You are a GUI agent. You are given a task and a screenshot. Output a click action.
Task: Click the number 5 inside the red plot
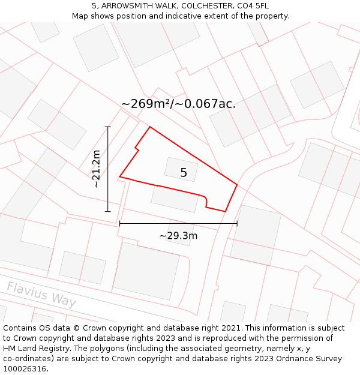click(x=184, y=173)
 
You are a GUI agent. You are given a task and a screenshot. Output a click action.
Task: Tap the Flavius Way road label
click(x=41, y=294)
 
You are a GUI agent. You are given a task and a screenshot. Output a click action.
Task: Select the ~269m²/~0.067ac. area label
click(x=178, y=104)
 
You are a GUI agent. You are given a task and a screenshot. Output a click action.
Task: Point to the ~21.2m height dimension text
click(x=97, y=169)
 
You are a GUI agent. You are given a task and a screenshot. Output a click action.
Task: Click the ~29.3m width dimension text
click(x=178, y=236)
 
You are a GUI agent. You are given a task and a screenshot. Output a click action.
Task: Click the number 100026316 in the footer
click(x=25, y=369)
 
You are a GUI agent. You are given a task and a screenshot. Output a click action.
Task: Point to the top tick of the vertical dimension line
click(x=108, y=127)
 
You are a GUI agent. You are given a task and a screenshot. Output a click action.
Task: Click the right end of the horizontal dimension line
click(x=238, y=223)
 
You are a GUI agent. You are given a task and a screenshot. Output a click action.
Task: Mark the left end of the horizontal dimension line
click(x=120, y=223)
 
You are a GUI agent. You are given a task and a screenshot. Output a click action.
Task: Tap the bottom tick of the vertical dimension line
click(x=108, y=212)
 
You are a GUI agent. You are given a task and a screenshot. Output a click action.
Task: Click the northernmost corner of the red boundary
click(x=149, y=127)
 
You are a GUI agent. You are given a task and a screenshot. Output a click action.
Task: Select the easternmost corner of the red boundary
click(x=238, y=185)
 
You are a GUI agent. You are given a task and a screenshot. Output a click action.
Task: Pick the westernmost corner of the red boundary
click(x=120, y=177)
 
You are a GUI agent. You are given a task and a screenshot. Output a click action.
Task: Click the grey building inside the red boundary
click(x=181, y=169)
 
